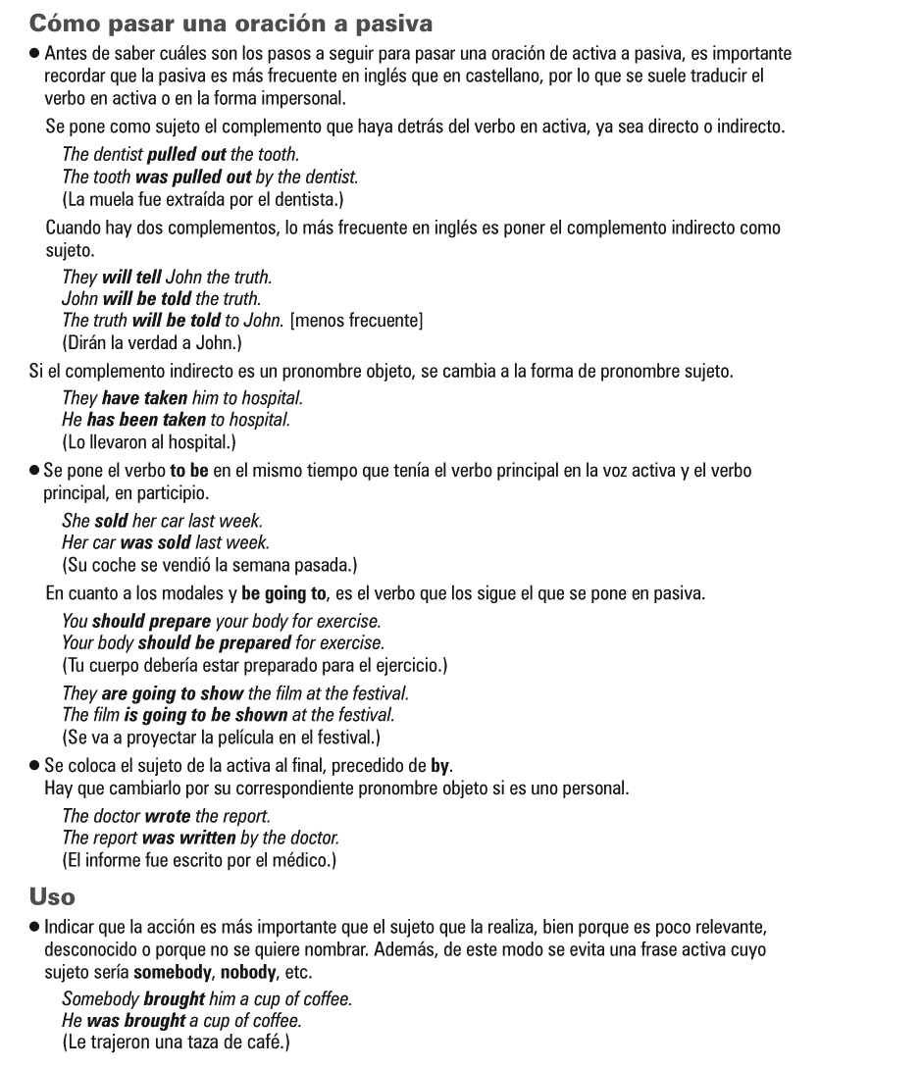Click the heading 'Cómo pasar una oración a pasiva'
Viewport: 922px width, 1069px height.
pyautogui.click(x=230, y=22)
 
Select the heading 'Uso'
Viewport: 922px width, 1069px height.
pyautogui.click(x=52, y=896)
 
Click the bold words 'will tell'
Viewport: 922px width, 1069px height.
pyautogui.click(x=131, y=278)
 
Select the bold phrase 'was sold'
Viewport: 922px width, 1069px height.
pyautogui.click(x=156, y=542)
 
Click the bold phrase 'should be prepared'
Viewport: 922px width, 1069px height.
pyautogui.click(x=214, y=643)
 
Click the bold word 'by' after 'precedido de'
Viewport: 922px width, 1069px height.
pyautogui.click(x=440, y=766)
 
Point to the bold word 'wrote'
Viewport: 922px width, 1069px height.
pyautogui.click(x=167, y=816)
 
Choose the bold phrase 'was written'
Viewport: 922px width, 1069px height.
pyautogui.click(x=188, y=838)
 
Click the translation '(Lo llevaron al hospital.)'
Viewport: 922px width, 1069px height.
pyautogui.click(x=149, y=441)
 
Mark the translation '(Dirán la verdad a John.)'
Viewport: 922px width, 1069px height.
pyautogui.click(x=152, y=343)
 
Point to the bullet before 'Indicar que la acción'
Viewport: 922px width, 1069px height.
pyautogui.click(x=34, y=926)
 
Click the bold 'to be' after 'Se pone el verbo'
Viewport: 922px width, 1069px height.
pyautogui.click(x=189, y=470)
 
